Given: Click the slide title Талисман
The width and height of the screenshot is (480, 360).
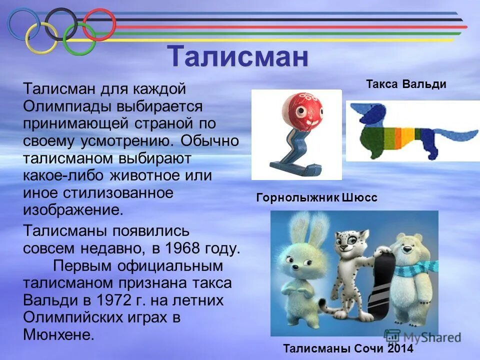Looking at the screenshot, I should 237,56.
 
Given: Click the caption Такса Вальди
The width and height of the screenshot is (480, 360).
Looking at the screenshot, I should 405,83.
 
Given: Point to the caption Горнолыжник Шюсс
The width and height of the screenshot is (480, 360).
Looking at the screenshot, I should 316,198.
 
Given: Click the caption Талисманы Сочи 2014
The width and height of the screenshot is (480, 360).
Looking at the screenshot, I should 348,349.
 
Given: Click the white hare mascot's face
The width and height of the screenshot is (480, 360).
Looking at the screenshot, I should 300,260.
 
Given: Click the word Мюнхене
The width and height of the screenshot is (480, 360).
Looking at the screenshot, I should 58,334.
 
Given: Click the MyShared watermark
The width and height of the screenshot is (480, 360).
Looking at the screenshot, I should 422,337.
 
